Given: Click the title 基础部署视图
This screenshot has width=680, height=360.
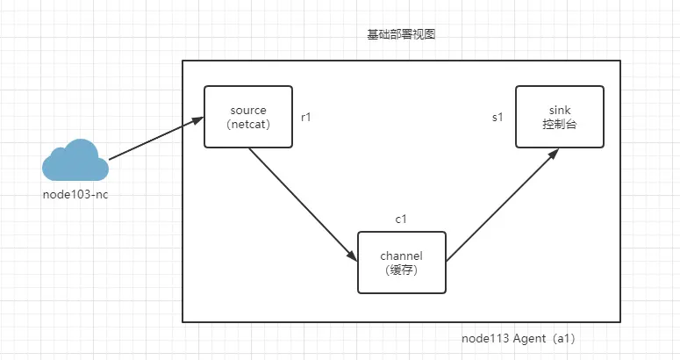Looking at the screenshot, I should (x=402, y=35).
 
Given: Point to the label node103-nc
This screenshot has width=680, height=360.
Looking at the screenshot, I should (x=75, y=193).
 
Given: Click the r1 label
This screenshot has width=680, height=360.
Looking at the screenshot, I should (x=307, y=116).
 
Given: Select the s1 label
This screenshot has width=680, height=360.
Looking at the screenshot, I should (x=497, y=117).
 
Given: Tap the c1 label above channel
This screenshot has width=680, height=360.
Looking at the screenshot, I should (x=402, y=218).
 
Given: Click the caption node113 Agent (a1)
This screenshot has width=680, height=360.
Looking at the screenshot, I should (x=518, y=338).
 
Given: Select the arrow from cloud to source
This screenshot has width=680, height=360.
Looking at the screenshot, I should (x=156, y=140).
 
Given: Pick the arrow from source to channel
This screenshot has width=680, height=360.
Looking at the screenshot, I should (x=303, y=204).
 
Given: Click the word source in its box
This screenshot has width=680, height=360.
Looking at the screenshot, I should (x=247, y=110).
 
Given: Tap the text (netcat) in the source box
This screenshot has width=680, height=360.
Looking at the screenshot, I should (x=247, y=125).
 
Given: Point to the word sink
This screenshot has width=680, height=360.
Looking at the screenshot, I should (x=560, y=110).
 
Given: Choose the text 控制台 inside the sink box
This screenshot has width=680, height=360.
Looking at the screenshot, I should (x=560, y=125).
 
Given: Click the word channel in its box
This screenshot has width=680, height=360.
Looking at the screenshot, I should (x=402, y=256).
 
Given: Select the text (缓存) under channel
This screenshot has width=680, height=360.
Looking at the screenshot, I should (x=402, y=270).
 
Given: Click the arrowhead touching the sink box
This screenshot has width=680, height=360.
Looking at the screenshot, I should (x=553, y=154).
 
